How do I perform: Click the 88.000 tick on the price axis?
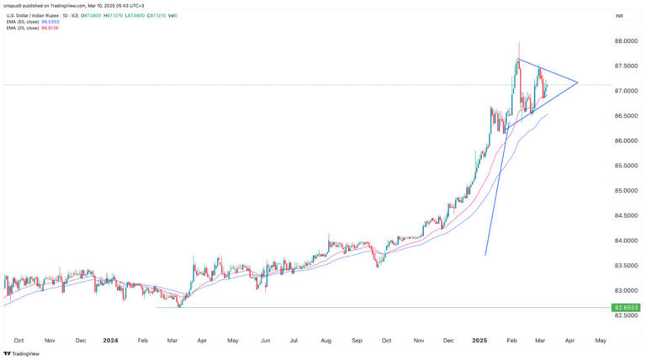[x=625, y=40]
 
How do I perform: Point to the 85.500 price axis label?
[x=625, y=166]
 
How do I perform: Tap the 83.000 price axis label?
[x=625, y=290]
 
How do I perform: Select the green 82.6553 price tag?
[x=626, y=308]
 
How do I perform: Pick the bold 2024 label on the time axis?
[x=110, y=341]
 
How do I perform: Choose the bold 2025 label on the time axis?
[x=478, y=341]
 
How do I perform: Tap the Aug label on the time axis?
[x=325, y=341]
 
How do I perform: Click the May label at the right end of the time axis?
[x=601, y=341]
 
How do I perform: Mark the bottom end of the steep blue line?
[x=485, y=255]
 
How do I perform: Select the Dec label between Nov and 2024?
[x=80, y=341]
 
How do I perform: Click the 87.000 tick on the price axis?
[x=625, y=91]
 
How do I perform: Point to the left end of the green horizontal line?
[x=157, y=307]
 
